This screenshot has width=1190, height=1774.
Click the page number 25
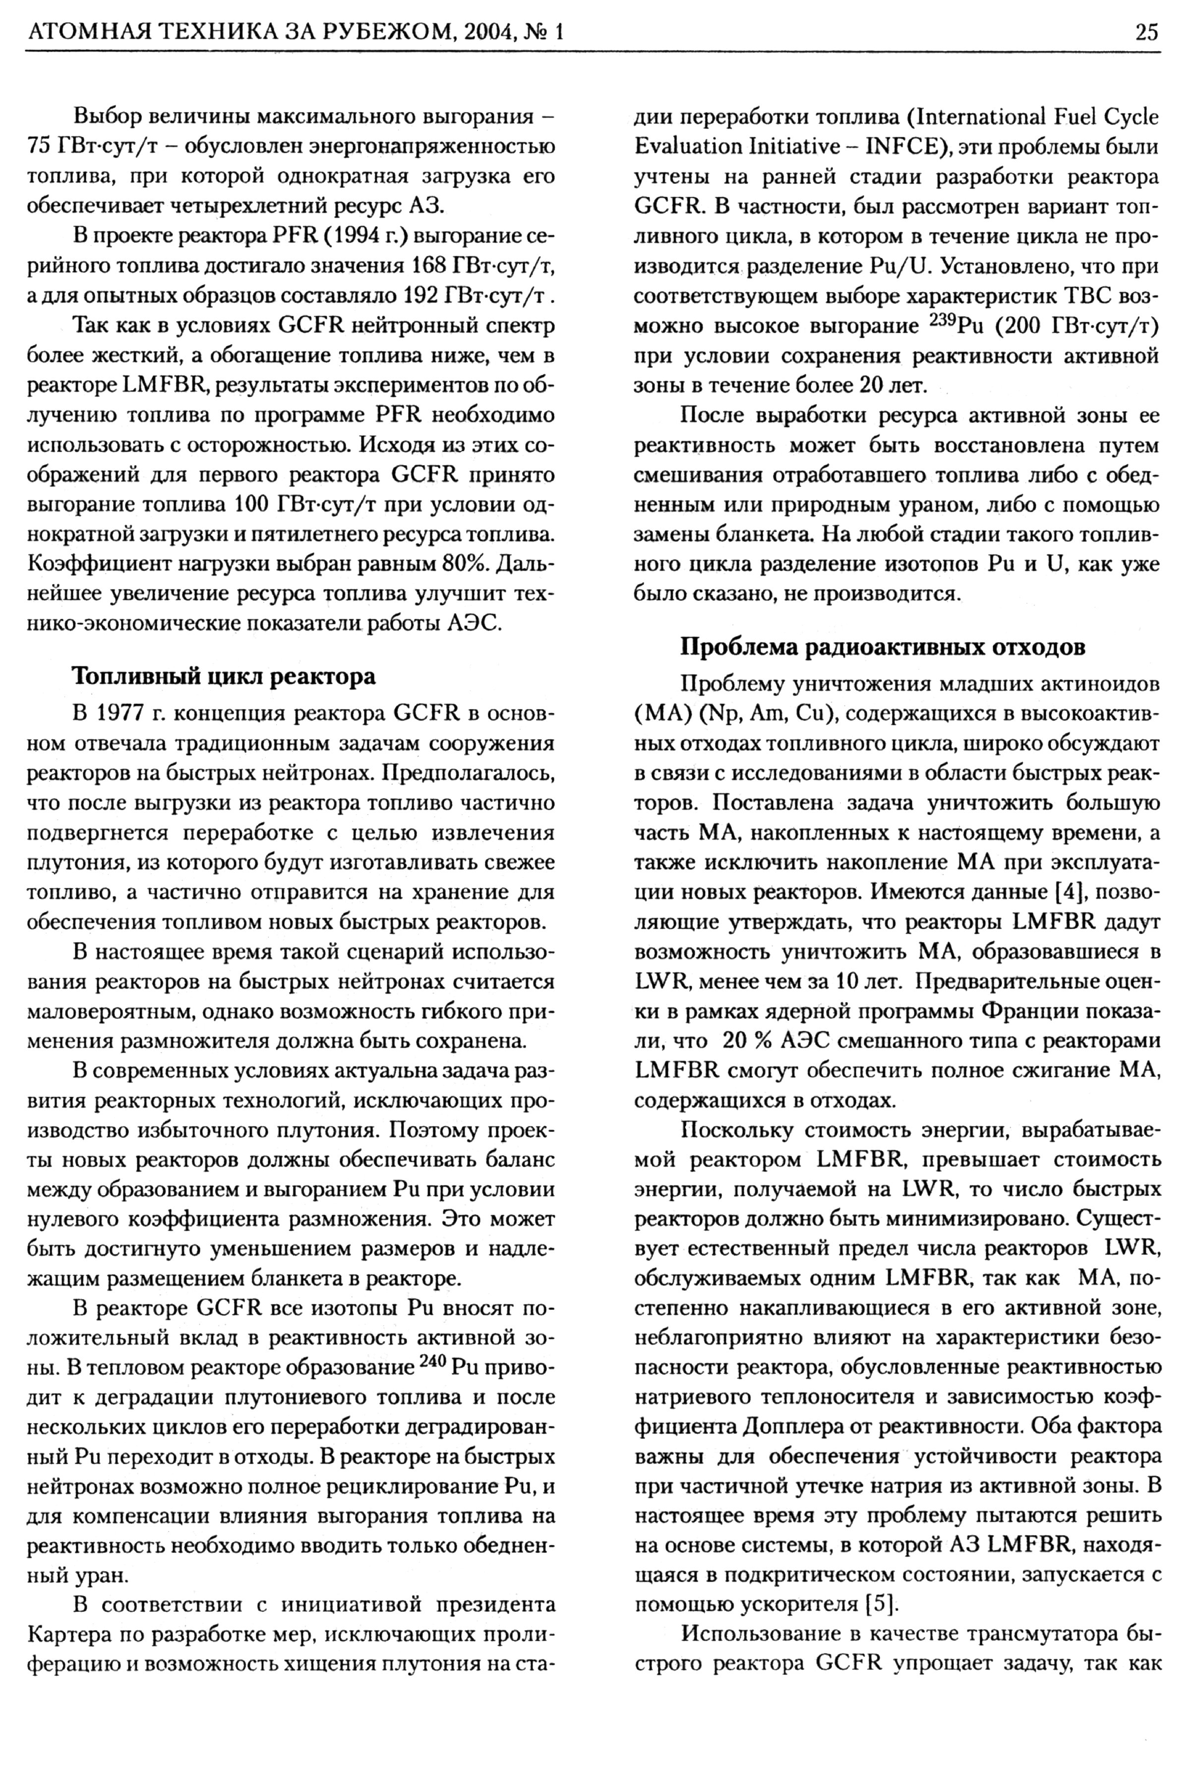click(x=1146, y=33)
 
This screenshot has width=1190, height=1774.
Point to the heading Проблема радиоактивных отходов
click(x=882, y=647)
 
